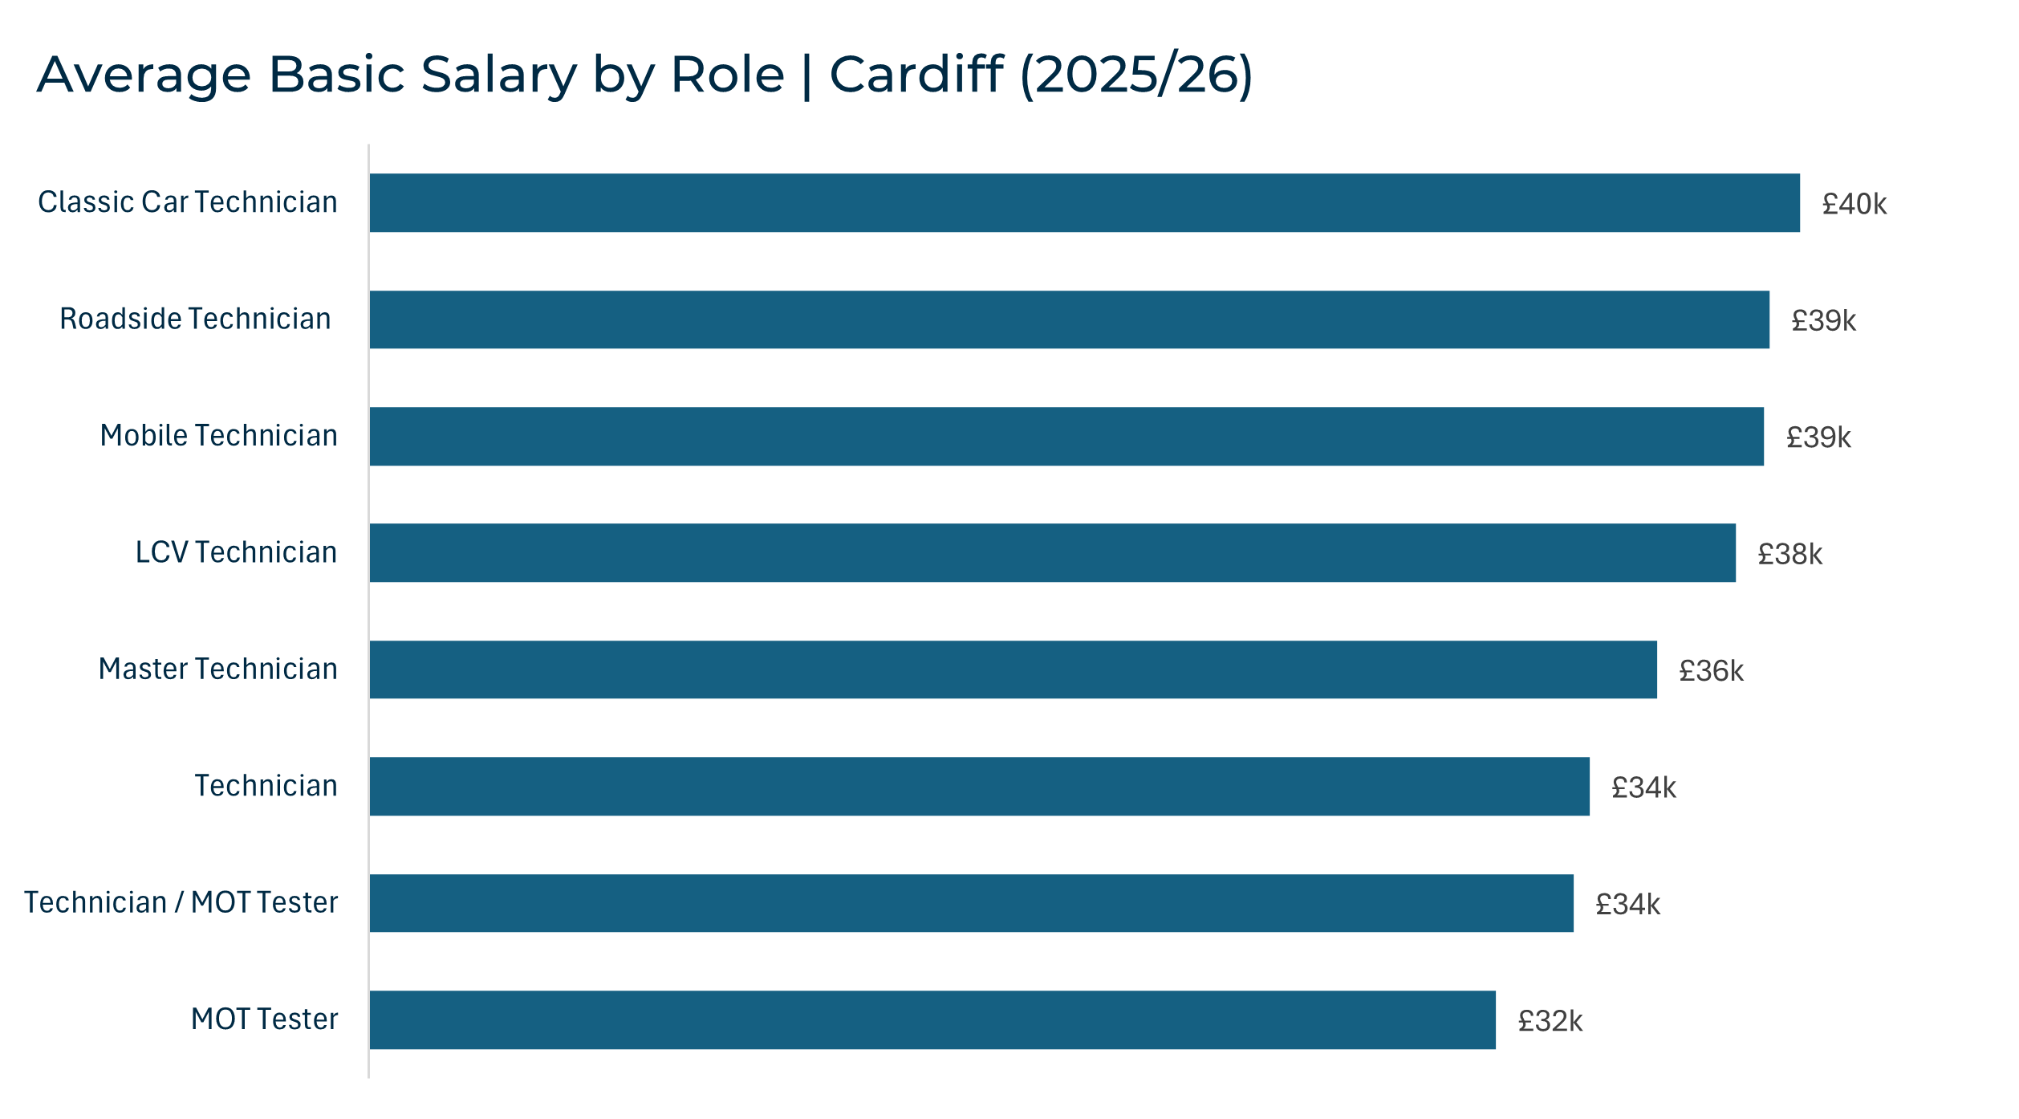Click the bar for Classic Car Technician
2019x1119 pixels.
click(x=1084, y=202)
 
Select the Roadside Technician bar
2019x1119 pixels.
click(x=1069, y=319)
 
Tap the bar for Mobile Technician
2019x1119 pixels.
click(x=1066, y=436)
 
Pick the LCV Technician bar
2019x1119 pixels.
click(x=1052, y=552)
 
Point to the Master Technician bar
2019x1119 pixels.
click(x=1013, y=669)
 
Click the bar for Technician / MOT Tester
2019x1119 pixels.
click(x=971, y=903)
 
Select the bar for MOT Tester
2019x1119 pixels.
click(x=932, y=1019)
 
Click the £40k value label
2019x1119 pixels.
click(x=1854, y=204)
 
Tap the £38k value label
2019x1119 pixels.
click(x=1789, y=554)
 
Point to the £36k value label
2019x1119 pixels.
click(x=1711, y=670)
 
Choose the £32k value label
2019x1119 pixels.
click(x=1550, y=1021)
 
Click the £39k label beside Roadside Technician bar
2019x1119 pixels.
click(x=1823, y=320)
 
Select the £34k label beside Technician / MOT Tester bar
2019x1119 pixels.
click(x=1627, y=905)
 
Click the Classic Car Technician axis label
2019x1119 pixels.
click(x=188, y=202)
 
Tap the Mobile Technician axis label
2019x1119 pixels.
click(x=218, y=436)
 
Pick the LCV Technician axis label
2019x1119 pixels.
click(x=236, y=552)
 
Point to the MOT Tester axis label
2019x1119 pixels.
click(x=264, y=1019)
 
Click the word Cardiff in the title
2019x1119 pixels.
click(x=916, y=75)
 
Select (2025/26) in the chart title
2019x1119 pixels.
click(x=1136, y=75)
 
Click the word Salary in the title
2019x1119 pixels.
click(x=498, y=75)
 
